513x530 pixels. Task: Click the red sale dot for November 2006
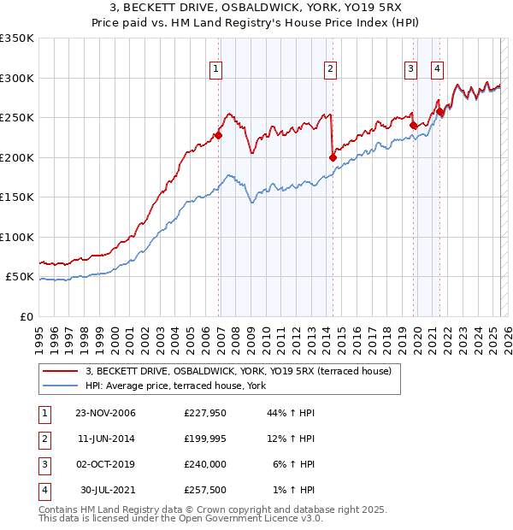coord(219,135)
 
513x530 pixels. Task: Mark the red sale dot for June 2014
coord(333,157)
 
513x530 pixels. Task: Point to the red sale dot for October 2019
coord(413,125)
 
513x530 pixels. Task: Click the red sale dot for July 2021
coord(440,111)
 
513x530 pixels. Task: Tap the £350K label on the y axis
coord(17,38)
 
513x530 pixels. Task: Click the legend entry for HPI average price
coord(176,386)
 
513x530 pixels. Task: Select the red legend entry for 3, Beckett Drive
coord(239,371)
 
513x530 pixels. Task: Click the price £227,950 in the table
coord(203,413)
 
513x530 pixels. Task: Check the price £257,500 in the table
coord(203,491)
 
